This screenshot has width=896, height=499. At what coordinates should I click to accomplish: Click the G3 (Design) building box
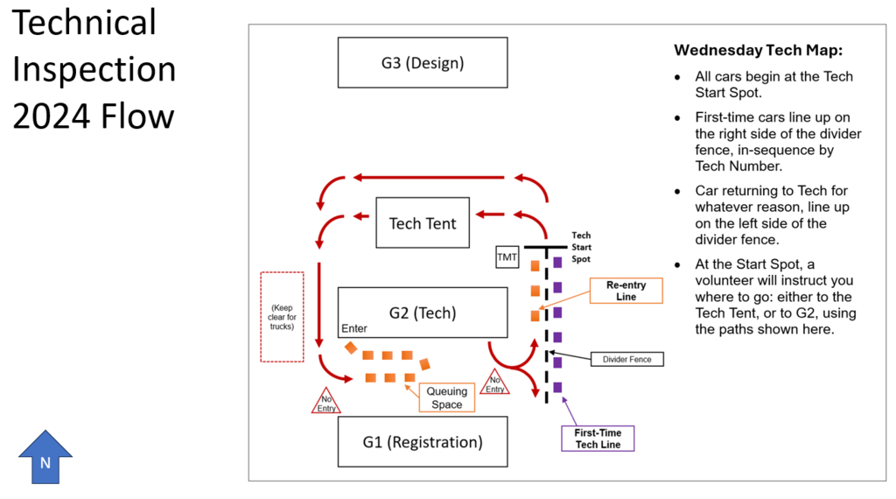coord(423,63)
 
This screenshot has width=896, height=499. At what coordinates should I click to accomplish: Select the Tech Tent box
coord(423,223)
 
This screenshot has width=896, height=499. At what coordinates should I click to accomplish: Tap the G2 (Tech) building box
coord(423,313)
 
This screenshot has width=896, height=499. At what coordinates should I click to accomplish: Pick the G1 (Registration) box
coord(423,442)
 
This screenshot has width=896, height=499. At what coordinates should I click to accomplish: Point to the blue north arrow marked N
coord(45,456)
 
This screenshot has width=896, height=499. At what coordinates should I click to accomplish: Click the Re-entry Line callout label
coord(626,291)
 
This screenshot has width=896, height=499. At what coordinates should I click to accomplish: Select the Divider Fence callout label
coord(627,359)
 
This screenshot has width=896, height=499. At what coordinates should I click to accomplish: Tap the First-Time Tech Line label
coord(598,439)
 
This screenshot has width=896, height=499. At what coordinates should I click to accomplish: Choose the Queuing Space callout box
coord(447,397)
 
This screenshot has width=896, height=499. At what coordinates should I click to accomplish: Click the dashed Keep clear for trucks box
coord(282,316)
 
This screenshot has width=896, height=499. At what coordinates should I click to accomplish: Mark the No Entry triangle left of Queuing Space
coord(326,402)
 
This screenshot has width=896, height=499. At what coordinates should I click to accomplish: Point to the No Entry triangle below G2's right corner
coord(494,383)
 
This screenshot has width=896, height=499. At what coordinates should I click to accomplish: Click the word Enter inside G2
coord(354,328)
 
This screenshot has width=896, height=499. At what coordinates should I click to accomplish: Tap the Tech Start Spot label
coord(581,247)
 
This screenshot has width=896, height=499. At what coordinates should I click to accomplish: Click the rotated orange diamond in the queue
coord(351,348)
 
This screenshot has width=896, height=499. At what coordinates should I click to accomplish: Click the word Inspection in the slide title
coord(94,69)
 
